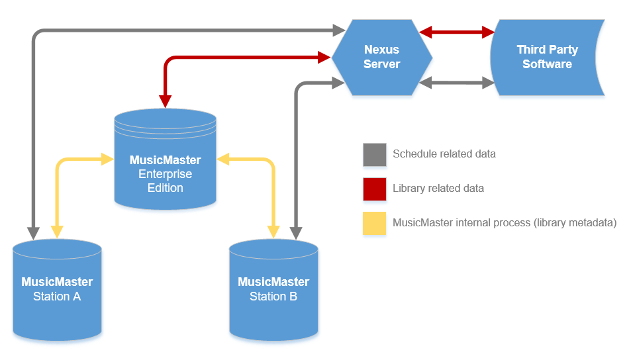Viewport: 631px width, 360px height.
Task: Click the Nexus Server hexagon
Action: coord(381,57)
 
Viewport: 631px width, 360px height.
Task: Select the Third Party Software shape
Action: coord(548,57)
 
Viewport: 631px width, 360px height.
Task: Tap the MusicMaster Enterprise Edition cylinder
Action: coord(165,159)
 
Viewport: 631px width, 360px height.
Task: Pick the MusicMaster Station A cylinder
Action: coord(57,290)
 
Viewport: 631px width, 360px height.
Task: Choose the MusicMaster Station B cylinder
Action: coord(273,290)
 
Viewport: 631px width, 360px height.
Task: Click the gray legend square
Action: coord(375,154)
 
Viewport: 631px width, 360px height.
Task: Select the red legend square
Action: coord(375,189)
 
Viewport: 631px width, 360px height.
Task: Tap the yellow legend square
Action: coord(375,223)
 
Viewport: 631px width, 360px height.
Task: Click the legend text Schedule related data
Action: coord(444,154)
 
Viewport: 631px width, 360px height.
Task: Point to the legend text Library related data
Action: coord(438,188)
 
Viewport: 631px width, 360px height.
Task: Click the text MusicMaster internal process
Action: coord(461,223)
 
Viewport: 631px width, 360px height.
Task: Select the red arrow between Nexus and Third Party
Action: coord(457,32)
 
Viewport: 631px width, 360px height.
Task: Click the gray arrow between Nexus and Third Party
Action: coord(457,83)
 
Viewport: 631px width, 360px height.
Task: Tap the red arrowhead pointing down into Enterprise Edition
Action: coord(165,102)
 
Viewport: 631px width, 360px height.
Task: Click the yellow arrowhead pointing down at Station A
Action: coord(57,232)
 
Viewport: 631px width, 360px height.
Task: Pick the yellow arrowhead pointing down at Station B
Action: coord(273,232)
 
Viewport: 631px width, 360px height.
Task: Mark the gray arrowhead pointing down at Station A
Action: coord(33,234)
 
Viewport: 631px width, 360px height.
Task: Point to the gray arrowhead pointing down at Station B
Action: coord(296,234)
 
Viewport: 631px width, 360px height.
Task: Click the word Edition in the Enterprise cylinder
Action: coord(165,188)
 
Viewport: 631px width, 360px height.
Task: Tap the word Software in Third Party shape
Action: coord(548,64)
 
